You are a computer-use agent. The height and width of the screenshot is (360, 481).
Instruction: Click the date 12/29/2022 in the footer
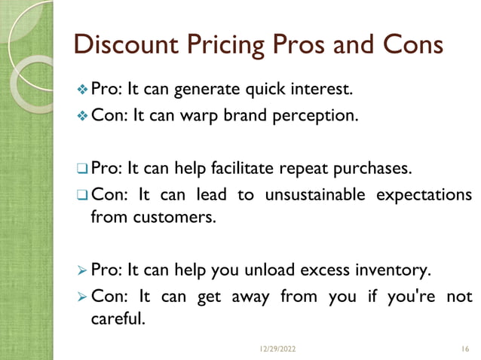[278, 349]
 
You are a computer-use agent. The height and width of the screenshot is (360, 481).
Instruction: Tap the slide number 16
[464, 349]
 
